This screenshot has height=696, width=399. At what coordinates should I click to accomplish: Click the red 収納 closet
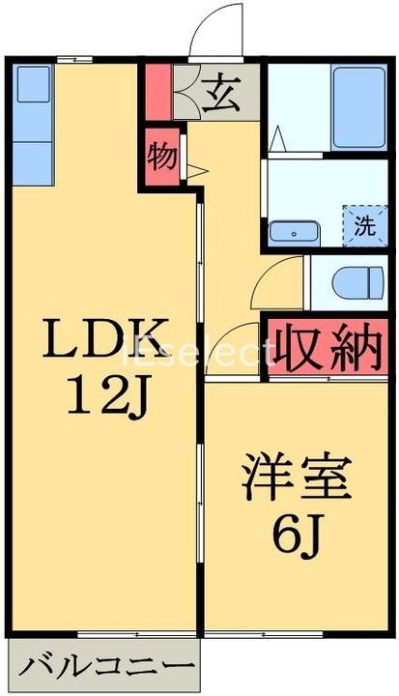(x=328, y=347)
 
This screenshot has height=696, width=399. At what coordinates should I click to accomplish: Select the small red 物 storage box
(x=162, y=156)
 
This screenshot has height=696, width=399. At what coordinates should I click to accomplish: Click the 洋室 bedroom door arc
(x=232, y=353)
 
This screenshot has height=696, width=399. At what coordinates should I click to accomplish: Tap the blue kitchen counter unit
(x=35, y=126)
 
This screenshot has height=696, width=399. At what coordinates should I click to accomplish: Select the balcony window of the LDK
(x=135, y=634)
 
